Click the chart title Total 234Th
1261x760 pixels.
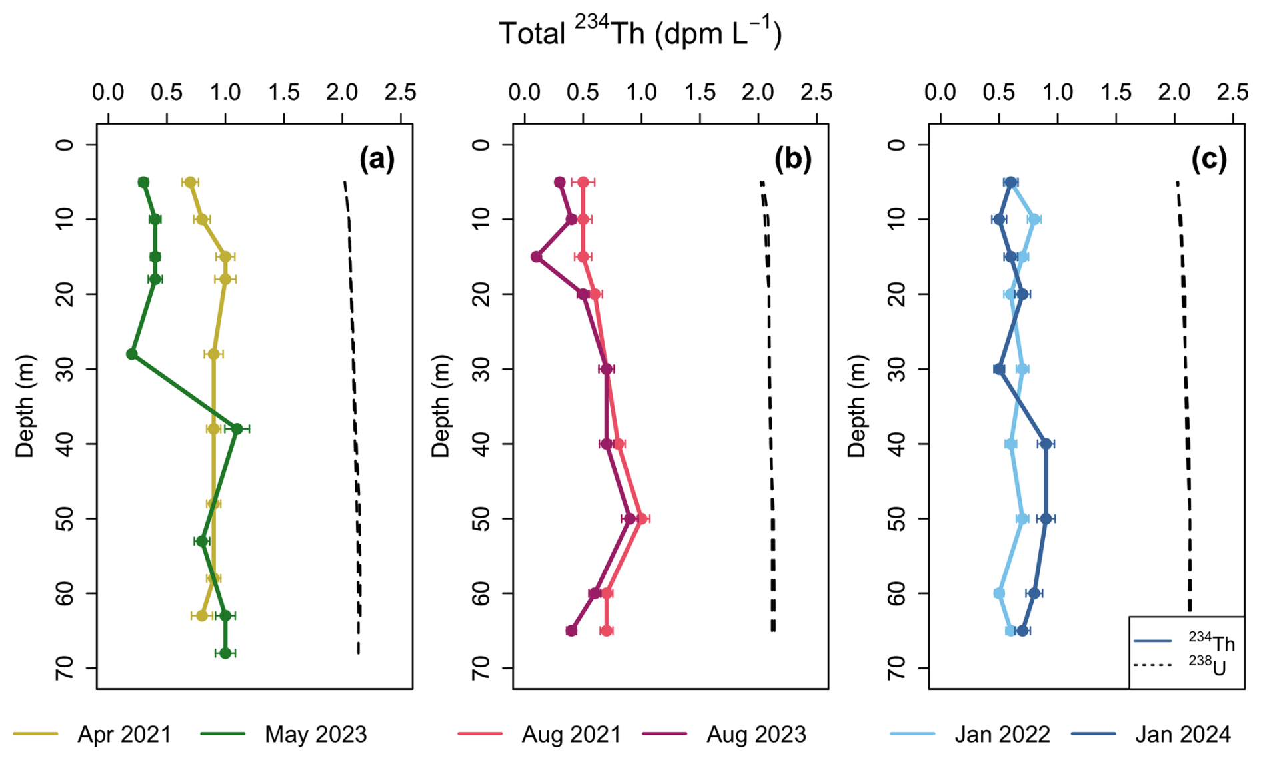(640, 32)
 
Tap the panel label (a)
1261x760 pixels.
(377, 160)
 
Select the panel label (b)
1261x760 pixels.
(792, 160)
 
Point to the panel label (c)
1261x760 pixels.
(1208, 160)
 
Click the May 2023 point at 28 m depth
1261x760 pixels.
(132, 354)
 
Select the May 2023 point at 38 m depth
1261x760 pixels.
(237, 429)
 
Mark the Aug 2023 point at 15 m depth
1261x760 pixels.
(536, 257)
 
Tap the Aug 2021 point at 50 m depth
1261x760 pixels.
(642, 518)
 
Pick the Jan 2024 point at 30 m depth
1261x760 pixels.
(999, 369)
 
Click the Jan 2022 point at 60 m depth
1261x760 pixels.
(999, 593)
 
